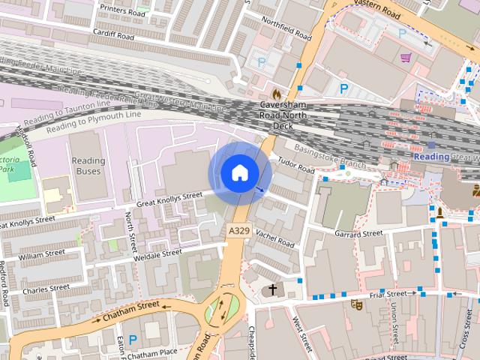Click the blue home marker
click(x=238, y=173)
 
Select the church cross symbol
click(x=272, y=289)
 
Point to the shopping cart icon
click(x=406, y=57)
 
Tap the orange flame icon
click(x=277, y=94)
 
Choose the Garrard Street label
click(x=358, y=235)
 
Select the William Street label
click(x=43, y=256)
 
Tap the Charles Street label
click(x=46, y=288)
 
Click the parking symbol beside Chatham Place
click(x=133, y=340)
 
